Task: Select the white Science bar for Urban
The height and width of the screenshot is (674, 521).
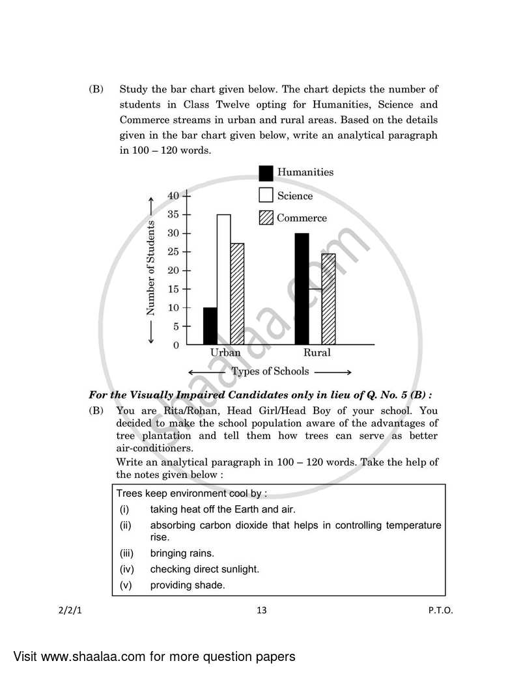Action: (x=223, y=280)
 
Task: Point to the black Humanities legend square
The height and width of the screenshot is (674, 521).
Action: (x=266, y=173)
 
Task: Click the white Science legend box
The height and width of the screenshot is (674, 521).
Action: (x=266, y=195)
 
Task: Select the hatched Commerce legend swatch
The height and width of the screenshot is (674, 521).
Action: (x=266, y=218)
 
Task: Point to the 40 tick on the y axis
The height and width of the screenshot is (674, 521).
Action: (x=173, y=195)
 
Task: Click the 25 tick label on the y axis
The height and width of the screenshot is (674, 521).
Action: (x=173, y=251)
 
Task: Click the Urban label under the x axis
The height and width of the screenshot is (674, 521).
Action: (x=225, y=353)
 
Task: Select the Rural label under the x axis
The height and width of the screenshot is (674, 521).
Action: (x=317, y=353)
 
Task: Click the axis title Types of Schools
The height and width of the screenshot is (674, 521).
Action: (x=270, y=372)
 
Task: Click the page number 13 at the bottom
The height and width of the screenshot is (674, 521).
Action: (x=261, y=610)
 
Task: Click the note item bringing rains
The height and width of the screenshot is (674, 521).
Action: (x=182, y=554)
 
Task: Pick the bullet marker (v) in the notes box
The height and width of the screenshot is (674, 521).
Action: (x=125, y=585)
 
